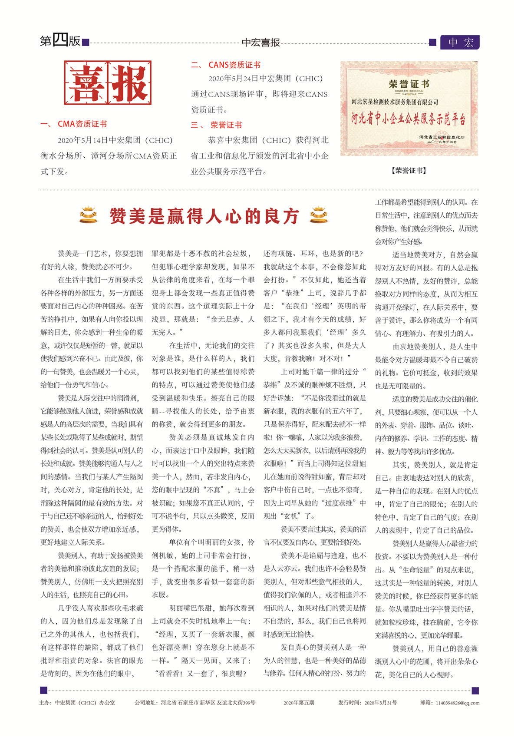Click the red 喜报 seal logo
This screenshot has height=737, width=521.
click(x=108, y=83)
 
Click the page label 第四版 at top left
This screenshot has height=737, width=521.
click(x=60, y=41)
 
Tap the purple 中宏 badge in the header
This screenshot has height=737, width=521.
click(x=460, y=42)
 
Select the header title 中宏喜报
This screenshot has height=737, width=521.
click(x=260, y=43)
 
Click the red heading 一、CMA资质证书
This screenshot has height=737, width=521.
click(x=74, y=124)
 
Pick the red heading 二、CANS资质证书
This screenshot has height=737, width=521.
click(x=226, y=65)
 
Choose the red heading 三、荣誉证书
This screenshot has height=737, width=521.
click(x=216, y=125)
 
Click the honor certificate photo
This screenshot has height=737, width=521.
click(x=409, y=109)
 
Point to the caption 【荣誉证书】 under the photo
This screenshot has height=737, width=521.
click(x=409, y=171)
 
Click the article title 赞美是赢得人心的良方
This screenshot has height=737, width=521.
click(x=204, y=216)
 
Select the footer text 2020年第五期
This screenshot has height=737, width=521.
click(x=299, y=703)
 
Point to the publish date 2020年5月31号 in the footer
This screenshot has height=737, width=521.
click(x=368, y=703)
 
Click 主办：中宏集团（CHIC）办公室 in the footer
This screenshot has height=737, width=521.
click(x=77, y=703)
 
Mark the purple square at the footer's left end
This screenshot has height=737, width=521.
click(x=43, y=690)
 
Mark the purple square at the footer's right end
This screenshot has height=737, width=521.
click(x=475, y=691)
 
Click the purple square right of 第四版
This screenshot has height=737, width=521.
click(x=86, y=43)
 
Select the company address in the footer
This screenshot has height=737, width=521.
click(x=195, y=703)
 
